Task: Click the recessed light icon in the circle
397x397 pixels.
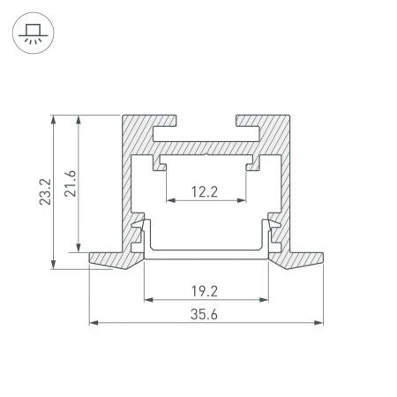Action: [33, 33]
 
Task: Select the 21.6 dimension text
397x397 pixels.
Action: [71, 183]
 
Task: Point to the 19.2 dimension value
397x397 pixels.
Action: [206, 288]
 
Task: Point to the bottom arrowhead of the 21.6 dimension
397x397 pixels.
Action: [80, 247]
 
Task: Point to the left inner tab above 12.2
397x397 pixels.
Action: [161, 163]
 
